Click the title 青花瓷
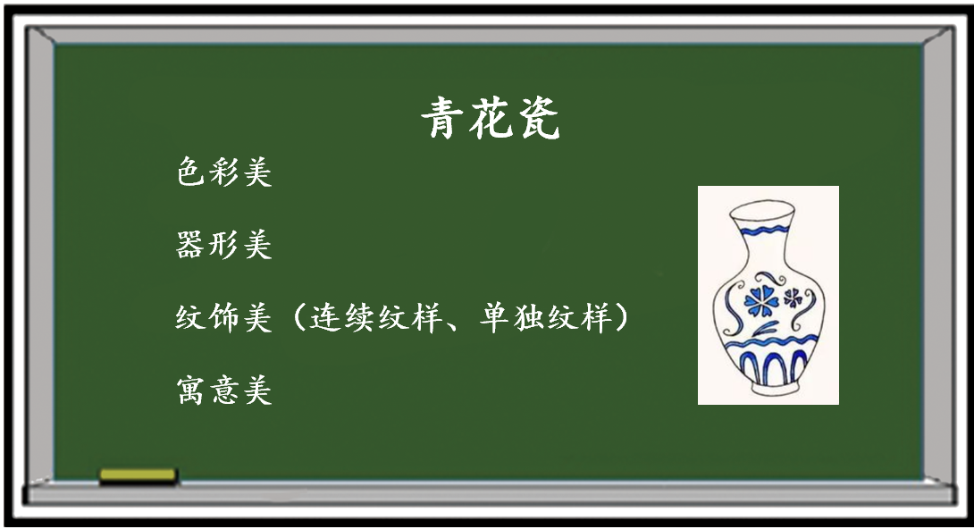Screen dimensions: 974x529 pos(490,117)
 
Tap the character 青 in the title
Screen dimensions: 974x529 pos(441,117)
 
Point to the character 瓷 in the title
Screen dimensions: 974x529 pos(538,117)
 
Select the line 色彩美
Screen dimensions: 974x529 pos(223,172)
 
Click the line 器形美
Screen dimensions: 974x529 pos(223,244)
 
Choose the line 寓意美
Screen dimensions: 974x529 pos(223,390)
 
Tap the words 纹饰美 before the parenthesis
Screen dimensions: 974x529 pos(223,317)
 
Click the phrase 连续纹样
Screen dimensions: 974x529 pos(376,317)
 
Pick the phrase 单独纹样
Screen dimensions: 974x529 pos(544,317)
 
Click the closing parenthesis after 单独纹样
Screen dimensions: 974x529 pos(620,317)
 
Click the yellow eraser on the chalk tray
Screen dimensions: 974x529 pos(138,475)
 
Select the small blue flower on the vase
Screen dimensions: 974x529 pos(793,298)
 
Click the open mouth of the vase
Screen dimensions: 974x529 pos(761,209)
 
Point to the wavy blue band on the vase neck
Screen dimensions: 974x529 pos(762,231)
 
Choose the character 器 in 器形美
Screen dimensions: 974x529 pos(190,244)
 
